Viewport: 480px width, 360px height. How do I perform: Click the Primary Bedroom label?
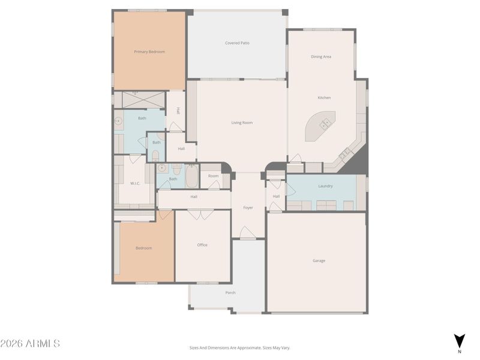(x=149, y=52)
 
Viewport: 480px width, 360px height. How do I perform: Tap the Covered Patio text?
(x=237, y=43)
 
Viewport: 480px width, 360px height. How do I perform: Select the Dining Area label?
(x=321, y=57)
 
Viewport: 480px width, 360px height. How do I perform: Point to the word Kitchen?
(x=324, y=98)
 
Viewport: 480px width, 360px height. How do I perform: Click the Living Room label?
(x=242, y=123)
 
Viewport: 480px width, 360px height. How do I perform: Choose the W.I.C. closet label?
(x=135, y=183)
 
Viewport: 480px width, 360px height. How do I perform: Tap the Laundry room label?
(x=325, y=187)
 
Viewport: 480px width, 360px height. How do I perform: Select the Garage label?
(x=319, y=261)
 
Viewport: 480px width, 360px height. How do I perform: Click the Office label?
(x=202, y=245)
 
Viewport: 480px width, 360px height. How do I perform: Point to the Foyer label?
(x=248, y=208)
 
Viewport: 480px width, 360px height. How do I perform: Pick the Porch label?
(x=230, y=293)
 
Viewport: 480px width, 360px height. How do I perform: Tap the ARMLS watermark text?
(x=30, y=344)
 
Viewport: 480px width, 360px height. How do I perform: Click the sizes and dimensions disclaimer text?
(x=240, y=347)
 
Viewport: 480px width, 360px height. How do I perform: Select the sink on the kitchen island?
(x=325, y=124)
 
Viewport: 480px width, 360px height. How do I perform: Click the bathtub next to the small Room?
(x=191, y=176)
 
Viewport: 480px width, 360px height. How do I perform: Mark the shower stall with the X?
(x=140, y=99)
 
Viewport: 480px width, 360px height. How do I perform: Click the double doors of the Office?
(x=200, y=214)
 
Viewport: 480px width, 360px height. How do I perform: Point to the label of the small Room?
(x=214, y=176)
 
